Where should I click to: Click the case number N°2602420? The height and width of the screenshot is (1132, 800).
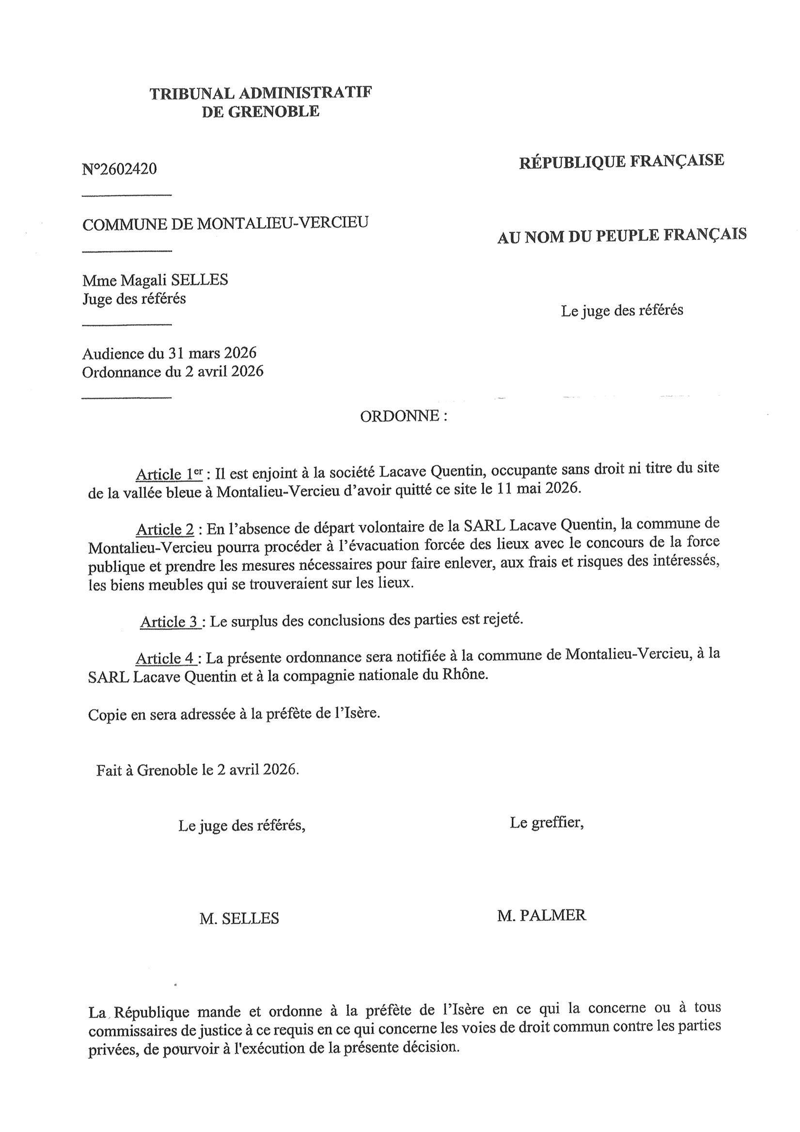tap(119, 169)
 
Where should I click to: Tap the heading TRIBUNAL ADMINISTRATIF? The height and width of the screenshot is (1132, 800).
tap(260, 93)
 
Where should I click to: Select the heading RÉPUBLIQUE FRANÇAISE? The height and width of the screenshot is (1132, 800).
tap(622, 161)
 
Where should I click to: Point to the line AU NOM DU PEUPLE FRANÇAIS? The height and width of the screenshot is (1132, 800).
tap(622, 236)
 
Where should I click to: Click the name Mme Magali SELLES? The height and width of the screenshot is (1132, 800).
tap(155, 280)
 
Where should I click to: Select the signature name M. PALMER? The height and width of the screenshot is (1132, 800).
tap(542, 916)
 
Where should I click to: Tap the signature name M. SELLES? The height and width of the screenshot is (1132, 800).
tap(239, 918)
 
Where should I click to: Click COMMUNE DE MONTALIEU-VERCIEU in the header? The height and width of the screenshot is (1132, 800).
tap(225, 224)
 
